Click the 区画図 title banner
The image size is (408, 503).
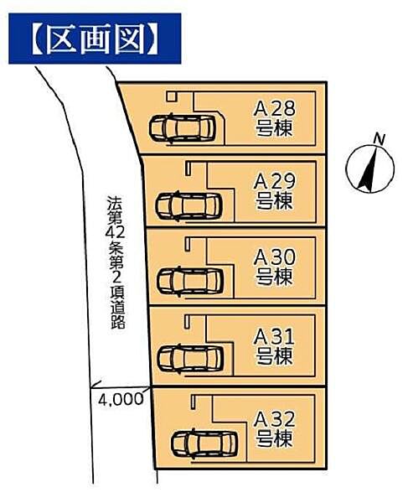click(95, 38)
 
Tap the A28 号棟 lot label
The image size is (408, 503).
click(274, 117)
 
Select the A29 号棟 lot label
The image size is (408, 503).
click(274, 191)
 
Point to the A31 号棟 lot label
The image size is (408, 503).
click(274, 345)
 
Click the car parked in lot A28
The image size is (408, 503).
click(183, 128)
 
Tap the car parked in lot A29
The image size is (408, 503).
click(189, 205)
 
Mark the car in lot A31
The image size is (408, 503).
click(191, 358)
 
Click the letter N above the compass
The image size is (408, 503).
click(379, 138)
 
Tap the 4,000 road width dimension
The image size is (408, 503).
click(121, 400)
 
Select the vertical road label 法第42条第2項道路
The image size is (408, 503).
click(115, 262)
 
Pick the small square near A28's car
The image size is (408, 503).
click(172, 96)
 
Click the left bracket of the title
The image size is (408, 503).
click(27, 38)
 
